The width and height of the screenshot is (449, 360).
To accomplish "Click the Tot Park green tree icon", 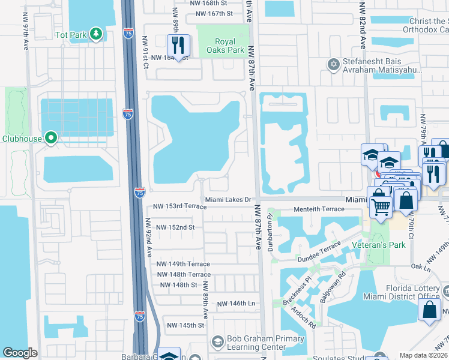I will (96, 35).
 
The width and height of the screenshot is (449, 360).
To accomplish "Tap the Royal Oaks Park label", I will (230, 46).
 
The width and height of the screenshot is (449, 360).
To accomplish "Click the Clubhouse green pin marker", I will (51, 139).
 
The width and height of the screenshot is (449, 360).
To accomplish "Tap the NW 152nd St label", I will (175, 227).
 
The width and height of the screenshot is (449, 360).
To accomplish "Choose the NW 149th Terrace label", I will (183, 264).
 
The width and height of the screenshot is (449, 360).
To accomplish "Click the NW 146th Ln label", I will (237, 304).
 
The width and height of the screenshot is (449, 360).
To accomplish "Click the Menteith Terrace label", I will (319, 209).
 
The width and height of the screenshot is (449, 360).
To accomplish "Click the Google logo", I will (20, 353).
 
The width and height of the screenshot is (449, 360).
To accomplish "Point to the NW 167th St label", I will (211, 14).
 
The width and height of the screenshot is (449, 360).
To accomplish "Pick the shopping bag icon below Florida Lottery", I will (430, 310).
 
